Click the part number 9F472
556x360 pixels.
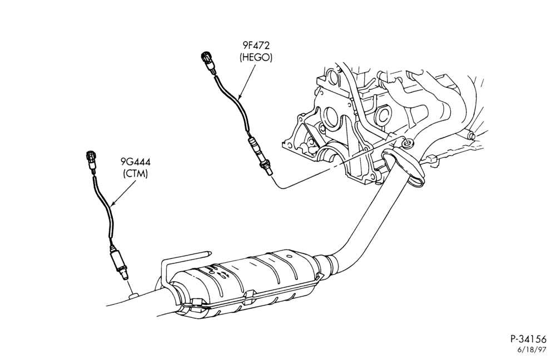pos(256,46)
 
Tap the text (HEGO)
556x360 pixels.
pos(256,57)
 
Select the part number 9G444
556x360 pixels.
pos(135,162)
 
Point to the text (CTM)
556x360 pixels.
pos(135,174)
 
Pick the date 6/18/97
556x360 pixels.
pos(533,350)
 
